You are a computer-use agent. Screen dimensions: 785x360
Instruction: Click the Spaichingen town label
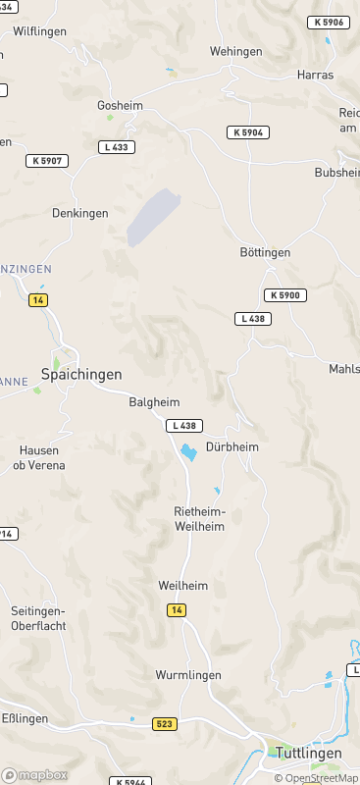click(x=81, y=374)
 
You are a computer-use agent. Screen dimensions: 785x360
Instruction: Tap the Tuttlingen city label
click(x=308, y=753)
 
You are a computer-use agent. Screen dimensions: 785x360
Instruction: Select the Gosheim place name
click(x=121, y=105)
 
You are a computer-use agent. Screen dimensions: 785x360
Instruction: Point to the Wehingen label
click(x=236, y=51)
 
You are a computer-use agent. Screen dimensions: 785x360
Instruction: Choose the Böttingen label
click(x=265, y=252)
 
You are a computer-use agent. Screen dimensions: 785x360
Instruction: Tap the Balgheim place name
click(x=155, y=402)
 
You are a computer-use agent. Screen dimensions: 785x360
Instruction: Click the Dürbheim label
click(x=232, y=447)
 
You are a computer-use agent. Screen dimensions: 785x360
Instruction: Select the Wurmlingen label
click(x=188, y=675)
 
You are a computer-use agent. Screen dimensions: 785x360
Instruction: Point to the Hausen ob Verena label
click(x=42, y=457)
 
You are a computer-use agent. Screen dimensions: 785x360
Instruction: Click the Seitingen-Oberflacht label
click(x=37, y=617)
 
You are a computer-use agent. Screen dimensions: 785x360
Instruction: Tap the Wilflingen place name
click(x=40, y=31)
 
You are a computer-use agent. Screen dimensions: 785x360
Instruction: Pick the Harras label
click(x=315, y=75)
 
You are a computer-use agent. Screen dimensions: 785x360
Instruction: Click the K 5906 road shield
click(x=328, y=23)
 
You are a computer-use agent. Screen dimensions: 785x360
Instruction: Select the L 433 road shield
click(x=118, y=147)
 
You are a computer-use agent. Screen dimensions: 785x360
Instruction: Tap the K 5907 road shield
click(x=47, y=160)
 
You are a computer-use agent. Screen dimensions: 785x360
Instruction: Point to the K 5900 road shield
click(x=285, y=295)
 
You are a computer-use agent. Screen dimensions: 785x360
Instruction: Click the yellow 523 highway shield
click(x=165, y=723)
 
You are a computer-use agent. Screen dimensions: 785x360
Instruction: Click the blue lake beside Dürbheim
click(x=186, y=451)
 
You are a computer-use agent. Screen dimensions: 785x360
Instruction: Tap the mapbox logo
click(x=34, y=774)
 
